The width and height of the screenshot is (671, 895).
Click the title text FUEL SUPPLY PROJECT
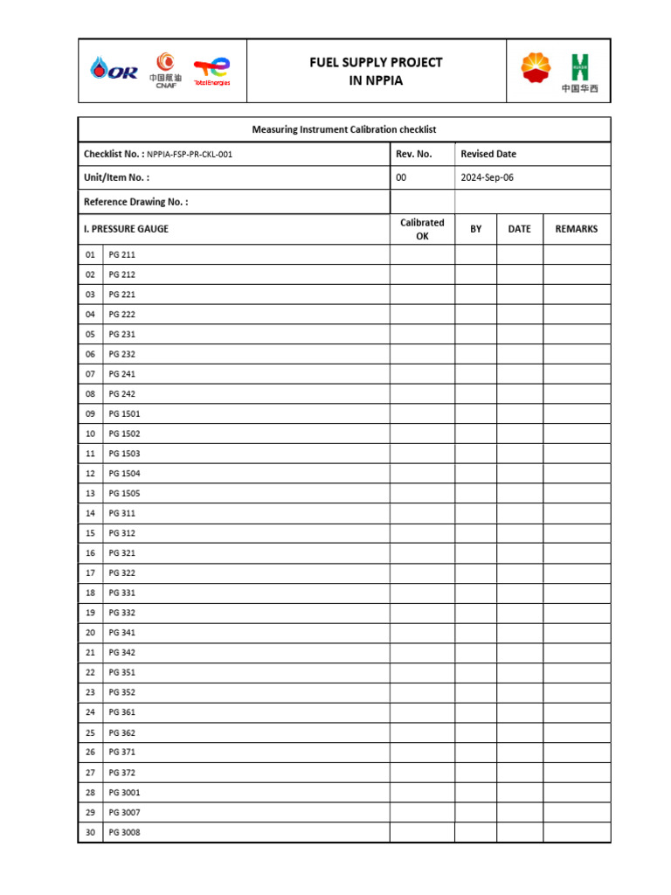(x=377, y=62)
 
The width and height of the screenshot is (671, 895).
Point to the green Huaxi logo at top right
(x=579, y=67)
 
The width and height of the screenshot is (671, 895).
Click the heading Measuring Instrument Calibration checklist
(x=344, y=129)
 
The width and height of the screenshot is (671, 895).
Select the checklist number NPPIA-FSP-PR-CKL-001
(x=190, y=155)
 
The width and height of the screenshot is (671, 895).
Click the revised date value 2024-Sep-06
(x=488, y=177)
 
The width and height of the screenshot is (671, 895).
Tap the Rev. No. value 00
(x=401, y=177)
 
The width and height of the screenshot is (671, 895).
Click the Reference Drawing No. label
(x=135, y=202)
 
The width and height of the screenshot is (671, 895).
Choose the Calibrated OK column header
(x=422, y=229)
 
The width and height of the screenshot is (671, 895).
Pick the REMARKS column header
(x=577, y=229)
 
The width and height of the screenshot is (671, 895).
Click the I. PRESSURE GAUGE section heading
(x=126, y=229)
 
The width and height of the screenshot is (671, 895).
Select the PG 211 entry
(x=121, y=255)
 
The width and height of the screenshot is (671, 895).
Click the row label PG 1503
(x=124, y=454)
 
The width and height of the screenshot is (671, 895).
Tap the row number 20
(x=90, y=633)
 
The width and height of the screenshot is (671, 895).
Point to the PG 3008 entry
(x=124, y=832)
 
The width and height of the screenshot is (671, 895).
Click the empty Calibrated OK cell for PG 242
(x=422, y=394)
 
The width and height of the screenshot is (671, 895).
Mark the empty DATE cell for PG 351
(x=520, y=673)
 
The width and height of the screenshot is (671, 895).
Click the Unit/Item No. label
(x=116, y=177)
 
